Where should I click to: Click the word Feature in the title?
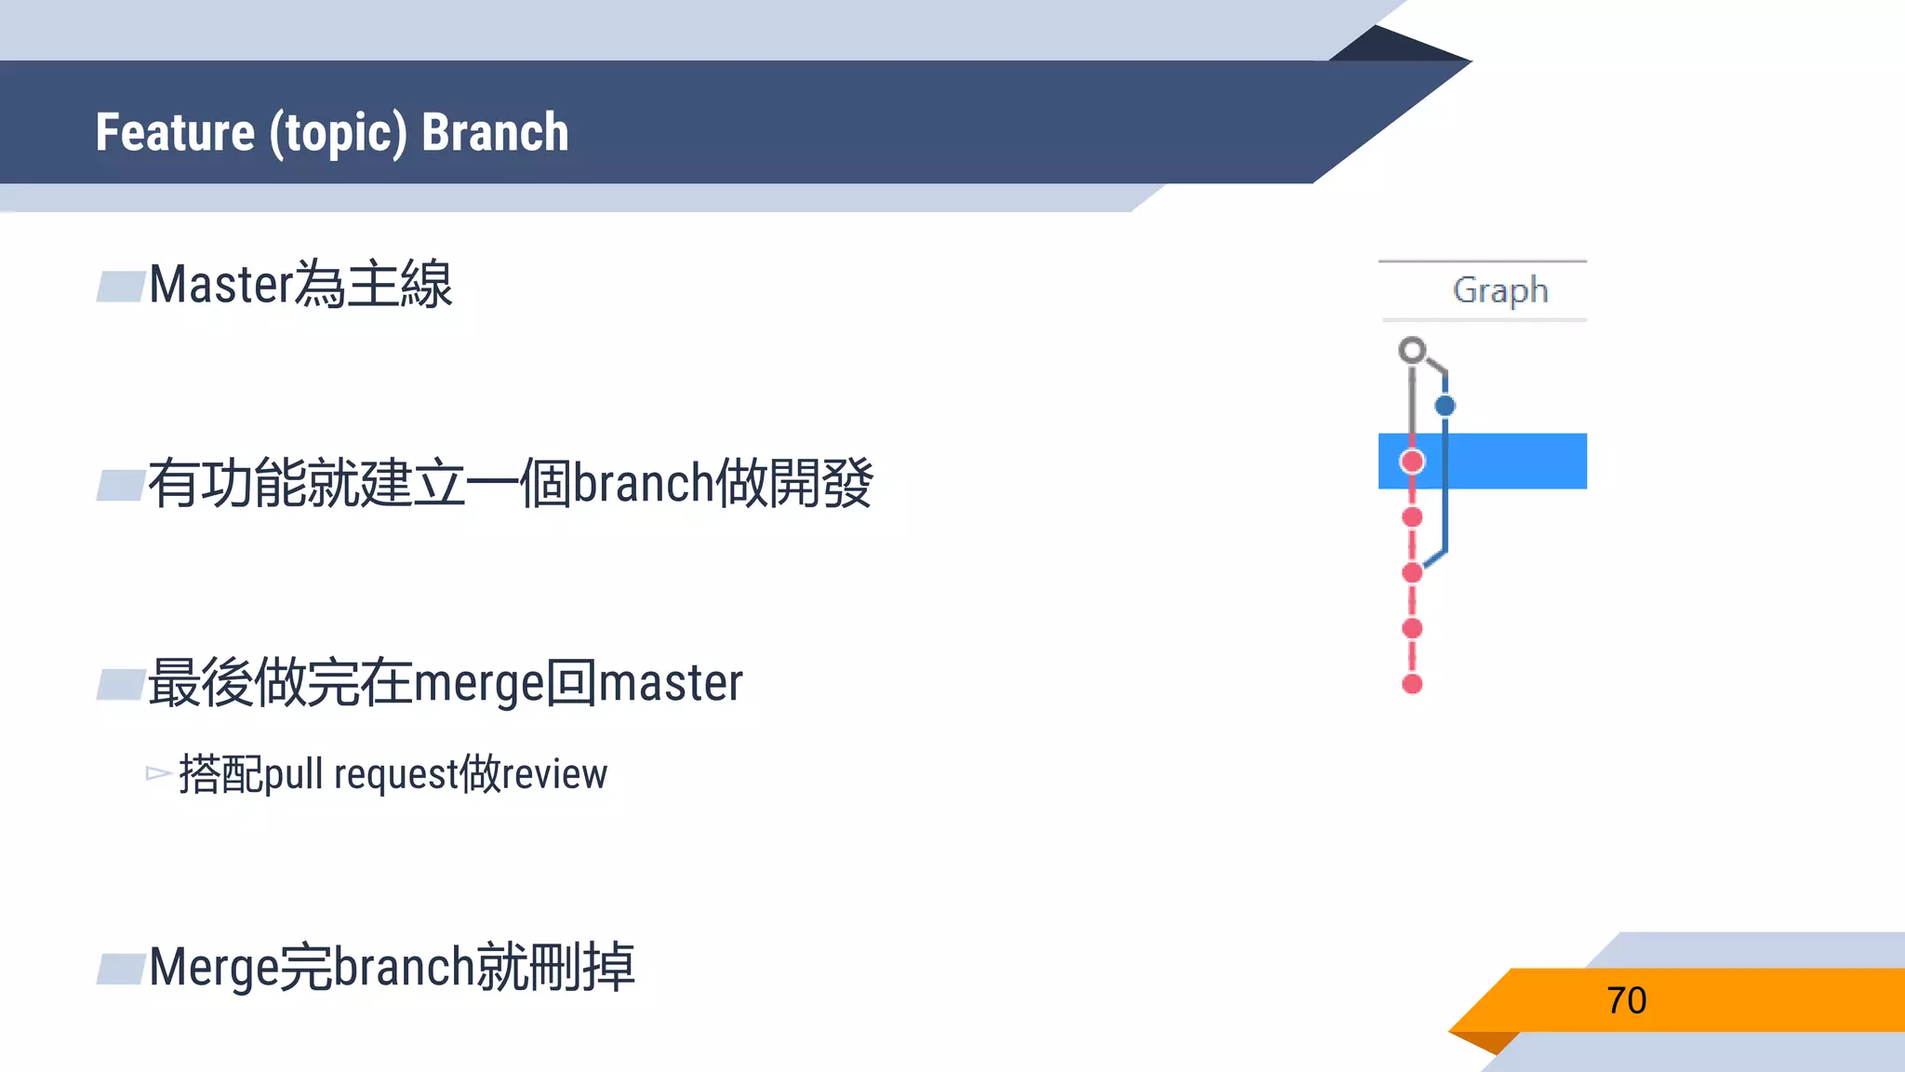click(x=175, y=132)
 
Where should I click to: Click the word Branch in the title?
click(x=495, y=132)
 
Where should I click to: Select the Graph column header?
click(x=1499, y=290)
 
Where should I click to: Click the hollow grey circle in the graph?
click(x=1412, y=350)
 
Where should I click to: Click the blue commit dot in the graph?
click(x=1445, y=406)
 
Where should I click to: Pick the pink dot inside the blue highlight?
click(x=1412, y=461)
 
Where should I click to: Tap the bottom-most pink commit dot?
click(x=1412, y=684)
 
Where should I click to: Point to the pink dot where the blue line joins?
click(x=1412, y=572)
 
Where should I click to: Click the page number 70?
click(x=1626, y=1000)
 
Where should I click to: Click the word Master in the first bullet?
click(x=220, y=285)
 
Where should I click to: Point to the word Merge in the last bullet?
click(x=213, y=968)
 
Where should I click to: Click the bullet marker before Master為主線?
click(x=121, y=287)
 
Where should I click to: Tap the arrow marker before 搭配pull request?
click(x=158, y=773)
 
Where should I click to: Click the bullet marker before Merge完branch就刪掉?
click(x=121, y=969)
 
